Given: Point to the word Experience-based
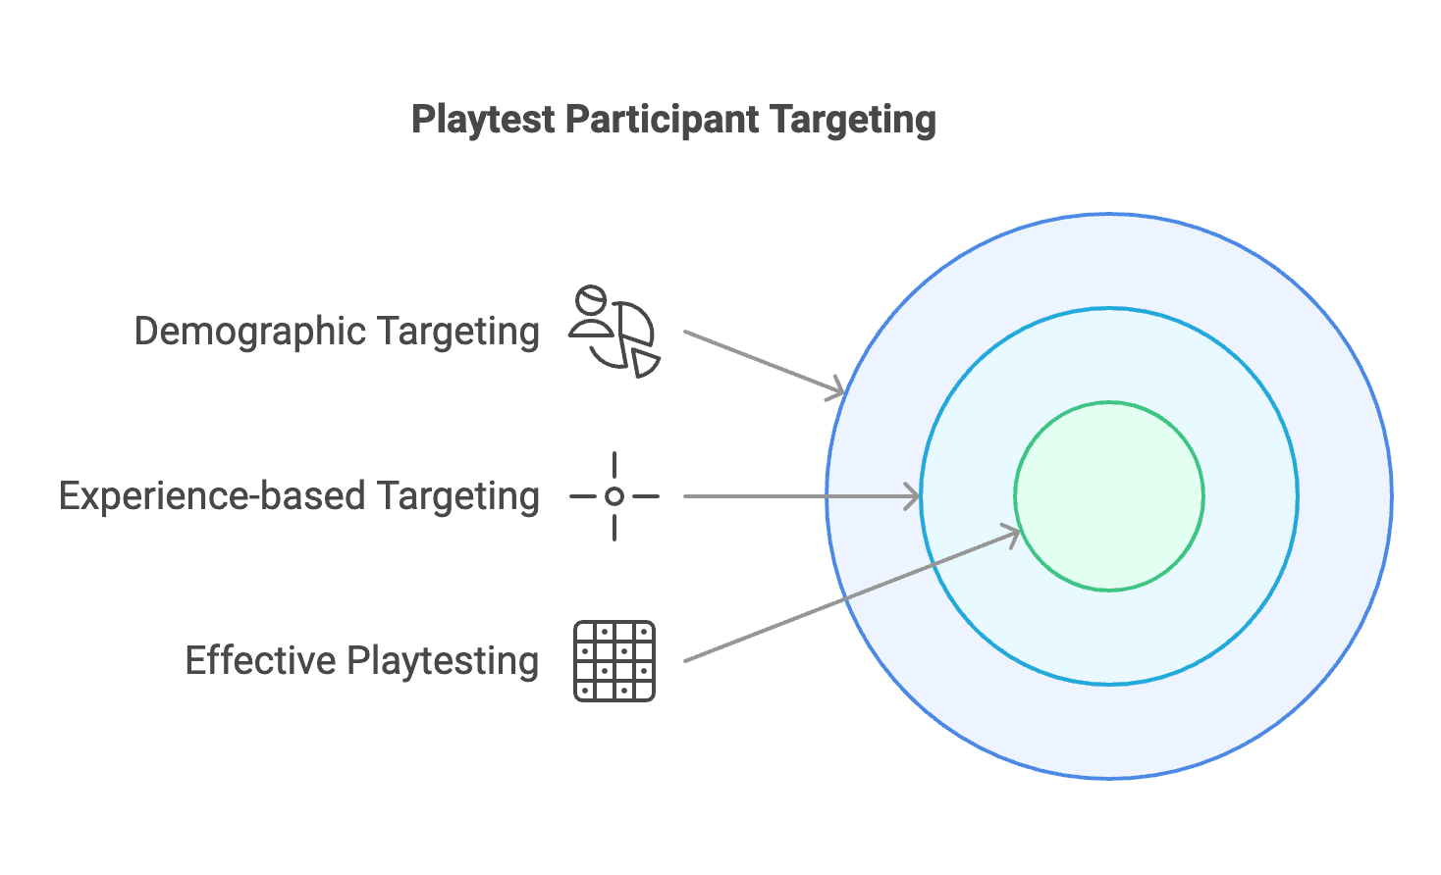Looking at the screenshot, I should (x=212, y=496).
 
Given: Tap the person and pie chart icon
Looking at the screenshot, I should (x=614, y=332).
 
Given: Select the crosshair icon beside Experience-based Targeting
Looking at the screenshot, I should (x=614, y=496).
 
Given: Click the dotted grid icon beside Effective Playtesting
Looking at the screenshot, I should (x=614, y=661).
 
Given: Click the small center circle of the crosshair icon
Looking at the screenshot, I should (x=614, y=496).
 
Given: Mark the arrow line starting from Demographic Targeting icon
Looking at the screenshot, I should (x=756, y=360).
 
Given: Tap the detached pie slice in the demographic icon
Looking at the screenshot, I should (x=644, y=362).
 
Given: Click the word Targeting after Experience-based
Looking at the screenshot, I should (x=457, y=496).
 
